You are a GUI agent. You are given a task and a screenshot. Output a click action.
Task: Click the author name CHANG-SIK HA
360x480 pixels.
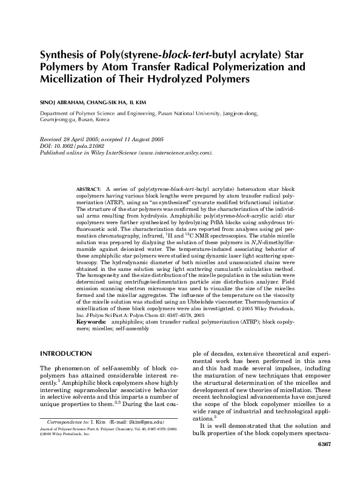coord(112,102)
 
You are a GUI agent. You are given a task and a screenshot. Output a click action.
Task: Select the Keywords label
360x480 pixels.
coord(91,322)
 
